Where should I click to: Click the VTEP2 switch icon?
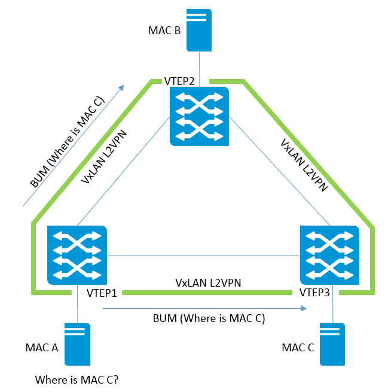199,116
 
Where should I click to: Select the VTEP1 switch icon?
77,254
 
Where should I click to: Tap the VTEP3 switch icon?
329,254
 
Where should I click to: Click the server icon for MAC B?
199,29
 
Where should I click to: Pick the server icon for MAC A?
77,344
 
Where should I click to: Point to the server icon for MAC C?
333,344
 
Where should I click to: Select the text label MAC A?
41,348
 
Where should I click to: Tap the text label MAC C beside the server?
298,348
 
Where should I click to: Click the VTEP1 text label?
101,293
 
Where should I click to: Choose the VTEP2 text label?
181,80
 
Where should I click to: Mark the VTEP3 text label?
314,293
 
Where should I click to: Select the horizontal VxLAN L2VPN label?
207,281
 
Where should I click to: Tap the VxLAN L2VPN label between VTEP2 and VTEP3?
304,165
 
